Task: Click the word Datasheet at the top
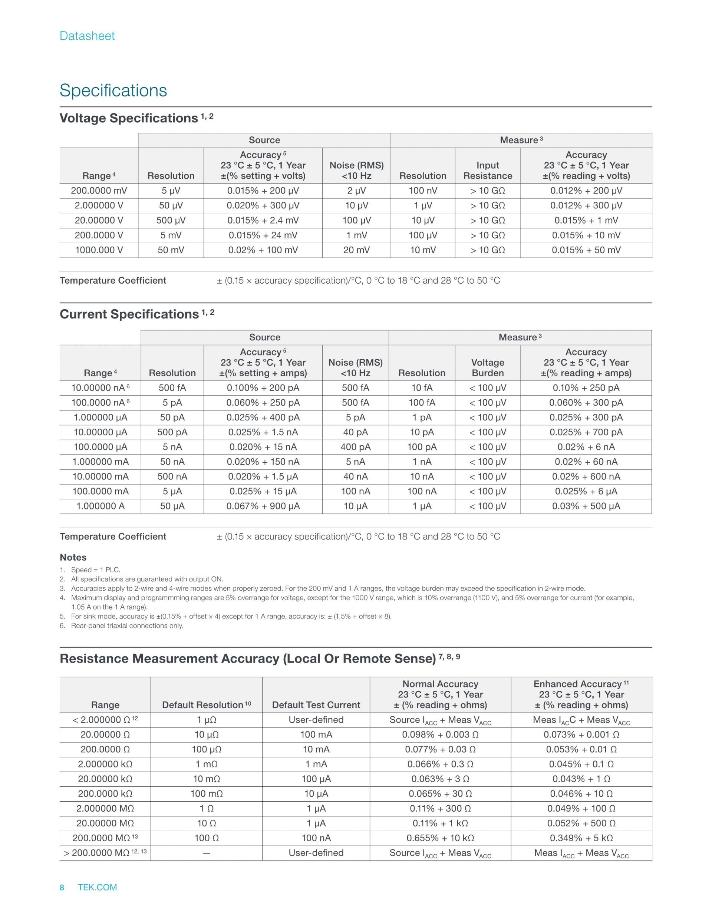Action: coord(87,36)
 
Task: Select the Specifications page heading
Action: coord(113,90)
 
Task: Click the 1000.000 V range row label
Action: coord(99,250)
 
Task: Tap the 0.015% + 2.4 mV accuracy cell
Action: coord(263,221)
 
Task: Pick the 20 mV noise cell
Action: coord(356,250)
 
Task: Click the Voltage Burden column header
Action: coord(488,368)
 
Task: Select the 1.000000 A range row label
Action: coord(100,506)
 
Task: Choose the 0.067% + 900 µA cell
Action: coord(263,506)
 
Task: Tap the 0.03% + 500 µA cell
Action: coord(586,506)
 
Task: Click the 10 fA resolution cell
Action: coord(422,388)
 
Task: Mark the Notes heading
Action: coord(73,558)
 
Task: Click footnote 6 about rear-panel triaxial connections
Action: coord(127,626)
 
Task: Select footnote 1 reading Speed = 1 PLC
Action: coord(95,570)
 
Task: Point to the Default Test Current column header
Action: coord(316,705)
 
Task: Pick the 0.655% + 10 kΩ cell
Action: coord(440,838)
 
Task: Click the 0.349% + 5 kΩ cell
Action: coord(581,838)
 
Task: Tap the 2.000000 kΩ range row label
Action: coord(105,764)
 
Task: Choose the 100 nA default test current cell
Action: coord(316,838)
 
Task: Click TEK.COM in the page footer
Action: coord(98,887)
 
